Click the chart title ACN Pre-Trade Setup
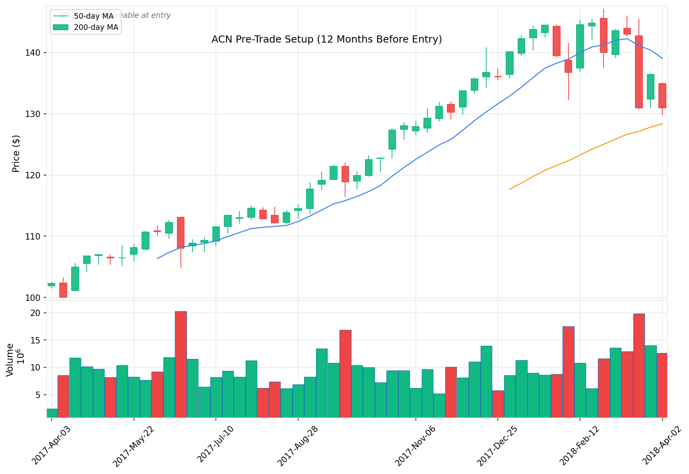pyautogui.click(x=326, y=39)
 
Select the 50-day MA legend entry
pyautogui.click(x=94, y=16)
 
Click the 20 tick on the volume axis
pyautogui.click(x=36, y=313)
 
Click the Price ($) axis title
pyautogui.click(x=16, y=154)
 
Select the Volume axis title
pyautogui.click(x=10, y=360)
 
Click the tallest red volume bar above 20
pyautogui.click(x=181, y=364)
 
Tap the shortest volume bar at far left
pyautogui.click(x=52, y=413)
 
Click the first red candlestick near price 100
pyautogui.click(x=63, y=290)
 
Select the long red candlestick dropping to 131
pyautogui.click(x=639, y=72)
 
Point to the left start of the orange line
pyautogui.click(x=509, y=189)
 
